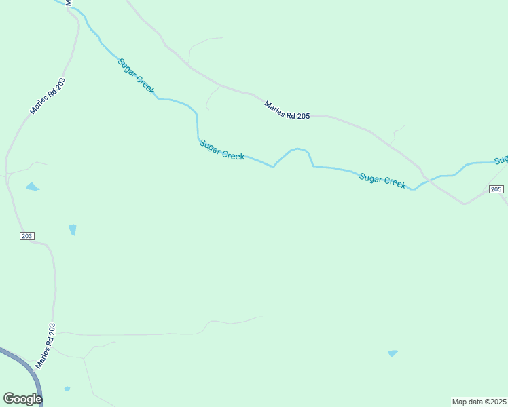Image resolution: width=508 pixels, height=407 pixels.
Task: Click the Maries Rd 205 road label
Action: pyautogui.click(x=287, y=111)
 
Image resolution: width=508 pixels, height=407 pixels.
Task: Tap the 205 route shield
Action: pyautogui.click(x=496, y=189)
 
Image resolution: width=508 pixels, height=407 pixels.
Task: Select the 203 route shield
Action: pyautogui.click(x=26, y=236)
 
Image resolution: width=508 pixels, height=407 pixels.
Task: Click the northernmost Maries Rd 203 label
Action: pyautogui.click(x=48, y=96)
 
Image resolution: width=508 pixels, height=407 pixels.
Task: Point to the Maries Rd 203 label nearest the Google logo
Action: pyautogui.click(x=47, y=345)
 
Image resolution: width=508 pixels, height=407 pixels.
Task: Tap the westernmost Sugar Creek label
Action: pyautogui.click(x=137, y=76)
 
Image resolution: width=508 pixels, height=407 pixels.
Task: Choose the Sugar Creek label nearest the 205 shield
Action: pyautogui.click(x=382, y=180)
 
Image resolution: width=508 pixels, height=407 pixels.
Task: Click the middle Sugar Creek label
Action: pyautogui.click(x=222, y=151)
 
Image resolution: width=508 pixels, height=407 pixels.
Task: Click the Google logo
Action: pyautogui.click(x=22, y=399)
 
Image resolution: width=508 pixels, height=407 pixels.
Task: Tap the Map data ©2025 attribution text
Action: pyautogui.click(x=479, y=401)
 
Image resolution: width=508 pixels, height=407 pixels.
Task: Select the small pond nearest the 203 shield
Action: pyautogui.click(x=73, y=230)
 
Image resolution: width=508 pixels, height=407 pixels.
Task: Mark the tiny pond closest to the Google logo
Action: pyautogui.click(x=67, y=389)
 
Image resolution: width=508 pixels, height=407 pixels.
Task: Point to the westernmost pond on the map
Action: pyautogui.click(x=32, y=187)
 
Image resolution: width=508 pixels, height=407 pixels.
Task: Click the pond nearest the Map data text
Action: pyautogui.click(x=393, y=353)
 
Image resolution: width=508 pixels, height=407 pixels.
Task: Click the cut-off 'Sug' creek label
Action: pyautogui.click(x=501, y=161)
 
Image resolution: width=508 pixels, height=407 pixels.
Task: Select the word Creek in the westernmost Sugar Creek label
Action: pyautogui.click(x=145, y=84)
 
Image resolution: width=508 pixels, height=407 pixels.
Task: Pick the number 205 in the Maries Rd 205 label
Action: pyautogui.click(x=303, y=116)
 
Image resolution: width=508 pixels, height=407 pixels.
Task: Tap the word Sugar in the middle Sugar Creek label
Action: pyautogui.click(x=211, y=147)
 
